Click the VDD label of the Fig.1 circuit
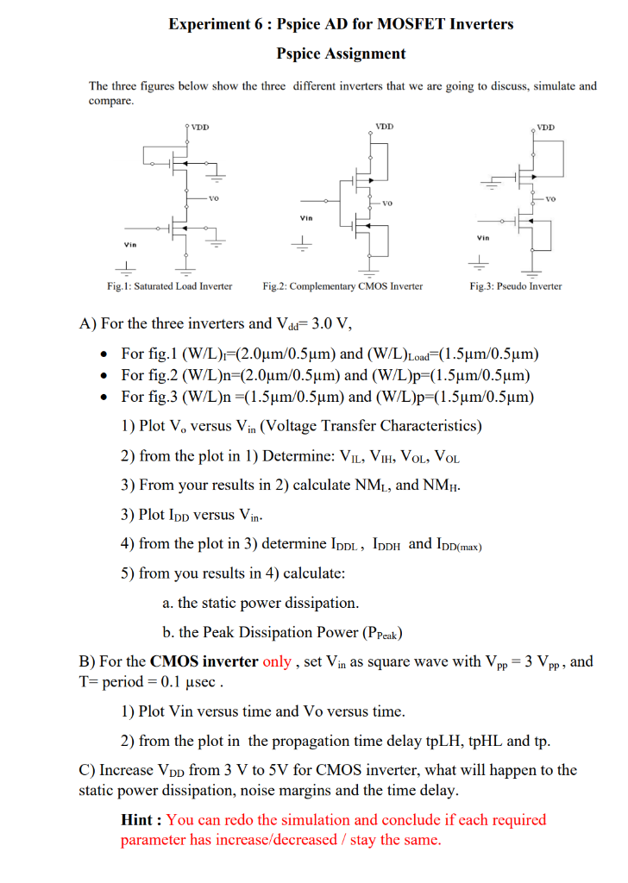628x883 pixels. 200,128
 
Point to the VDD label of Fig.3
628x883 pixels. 546,128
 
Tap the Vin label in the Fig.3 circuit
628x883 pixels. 483,237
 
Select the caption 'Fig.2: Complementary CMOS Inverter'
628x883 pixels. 342,285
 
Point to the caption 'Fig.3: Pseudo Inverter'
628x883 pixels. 516,285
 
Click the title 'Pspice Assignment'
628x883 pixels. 341,53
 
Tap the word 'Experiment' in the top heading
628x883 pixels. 204,24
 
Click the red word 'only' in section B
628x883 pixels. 277,662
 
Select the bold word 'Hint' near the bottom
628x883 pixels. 138,819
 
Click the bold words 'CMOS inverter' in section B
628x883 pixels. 204,662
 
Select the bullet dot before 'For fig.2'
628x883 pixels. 104,375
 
